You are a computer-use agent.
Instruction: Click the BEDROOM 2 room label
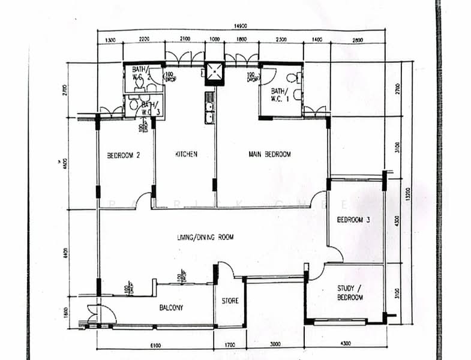[124, 155]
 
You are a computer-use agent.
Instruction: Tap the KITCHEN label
[186, 154]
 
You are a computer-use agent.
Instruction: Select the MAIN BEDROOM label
[269, 154]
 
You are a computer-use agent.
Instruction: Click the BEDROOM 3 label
[353, 220]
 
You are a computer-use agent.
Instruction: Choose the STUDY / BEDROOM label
[350, 293]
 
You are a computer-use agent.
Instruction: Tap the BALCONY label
[171, 308]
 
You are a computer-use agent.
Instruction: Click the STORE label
[230, 301]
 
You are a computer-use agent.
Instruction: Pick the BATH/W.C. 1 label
[280, 95]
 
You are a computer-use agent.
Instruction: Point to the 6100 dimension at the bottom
[155, 344]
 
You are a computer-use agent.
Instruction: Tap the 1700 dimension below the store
[230, 344]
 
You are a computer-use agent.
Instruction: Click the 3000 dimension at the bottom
[275, 344]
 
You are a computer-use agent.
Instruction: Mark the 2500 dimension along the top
[281, 40]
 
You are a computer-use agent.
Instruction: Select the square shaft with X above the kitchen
[214, 72]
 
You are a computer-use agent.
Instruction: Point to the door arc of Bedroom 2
[143, 200]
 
